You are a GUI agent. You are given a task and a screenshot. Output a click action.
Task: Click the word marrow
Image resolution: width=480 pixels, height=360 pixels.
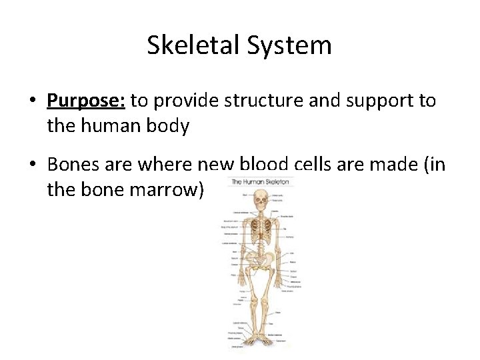coord(172,189)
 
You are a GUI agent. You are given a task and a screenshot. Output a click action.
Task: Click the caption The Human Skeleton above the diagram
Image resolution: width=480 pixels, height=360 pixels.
coord(260,182)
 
